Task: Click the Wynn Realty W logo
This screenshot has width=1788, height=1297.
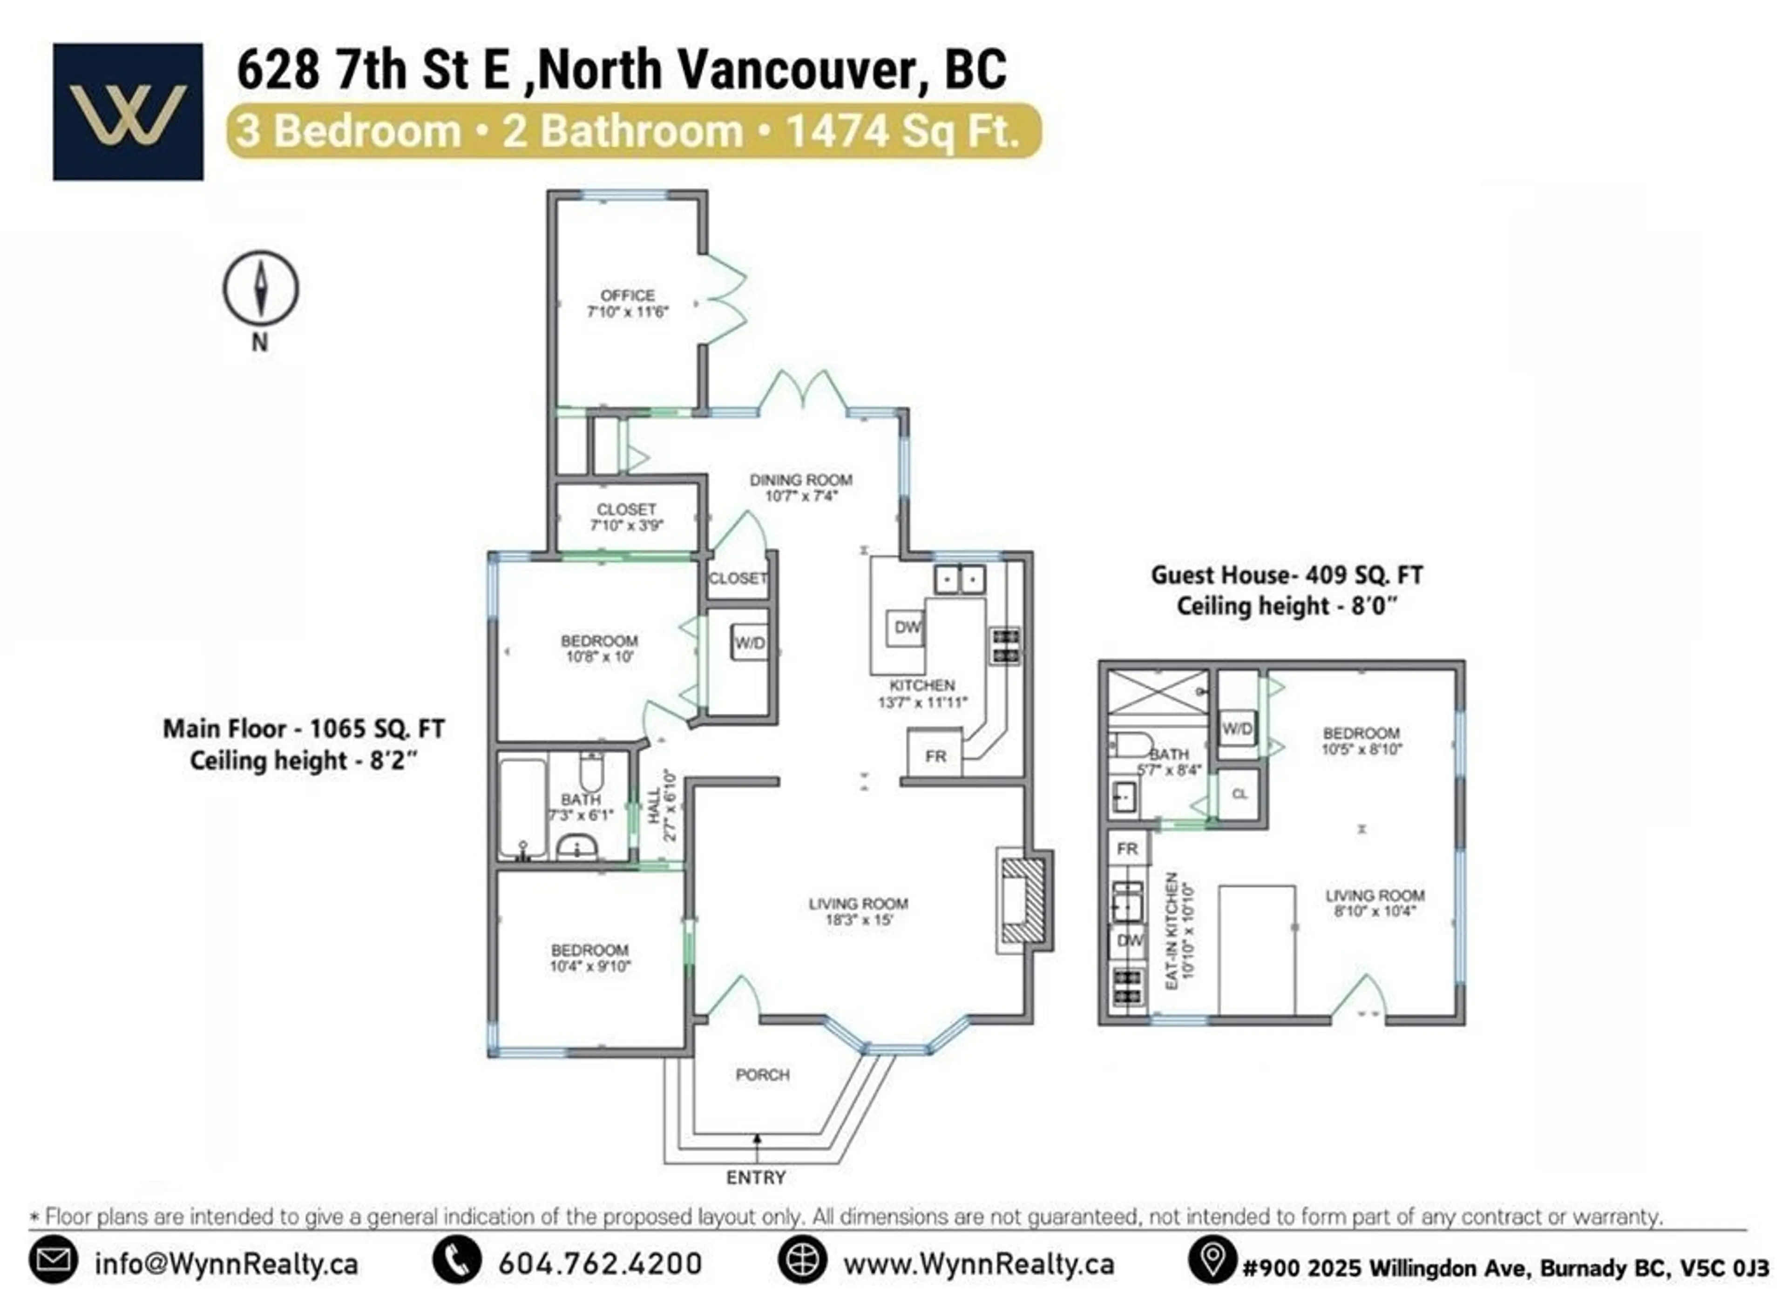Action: (128, 112)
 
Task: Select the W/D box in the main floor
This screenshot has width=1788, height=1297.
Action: (749, 642)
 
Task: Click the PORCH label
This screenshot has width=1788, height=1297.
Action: (762, 1074)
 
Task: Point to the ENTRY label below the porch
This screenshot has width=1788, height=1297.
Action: (755, 1177)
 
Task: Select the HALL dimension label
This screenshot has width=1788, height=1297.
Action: (662, 806)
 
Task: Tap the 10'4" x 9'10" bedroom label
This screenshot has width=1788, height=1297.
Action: (589, 958)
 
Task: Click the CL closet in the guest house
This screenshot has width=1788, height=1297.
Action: (1240, 794)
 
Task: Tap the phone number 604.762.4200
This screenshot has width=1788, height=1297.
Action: (600, 1264)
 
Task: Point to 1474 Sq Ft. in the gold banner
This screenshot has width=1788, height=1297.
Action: (903, 131)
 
